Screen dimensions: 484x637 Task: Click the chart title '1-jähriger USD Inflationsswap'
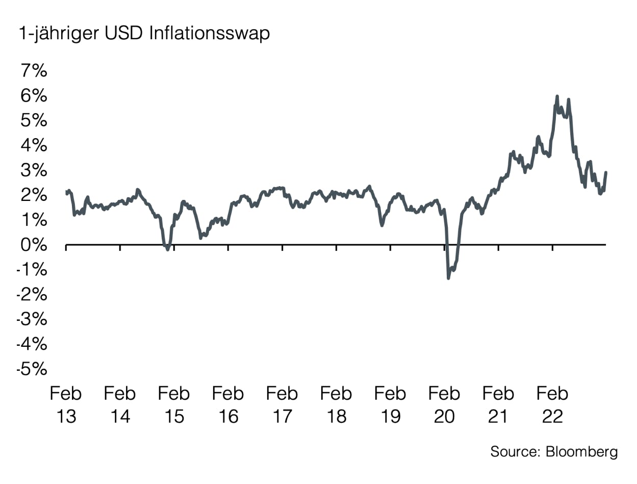(x=144, y=34)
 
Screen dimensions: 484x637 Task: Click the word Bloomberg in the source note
(x=581, y=452)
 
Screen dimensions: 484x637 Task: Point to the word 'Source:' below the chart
(x=515, y=452)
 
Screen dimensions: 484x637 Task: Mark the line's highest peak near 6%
(x=556, y=96)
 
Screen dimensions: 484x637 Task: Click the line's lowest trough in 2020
(x=448, y=277)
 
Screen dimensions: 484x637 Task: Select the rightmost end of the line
(x=606, y=172)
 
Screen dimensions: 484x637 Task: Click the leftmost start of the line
(x=67, y=192)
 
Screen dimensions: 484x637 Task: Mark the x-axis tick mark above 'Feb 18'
(x=336, y=248)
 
